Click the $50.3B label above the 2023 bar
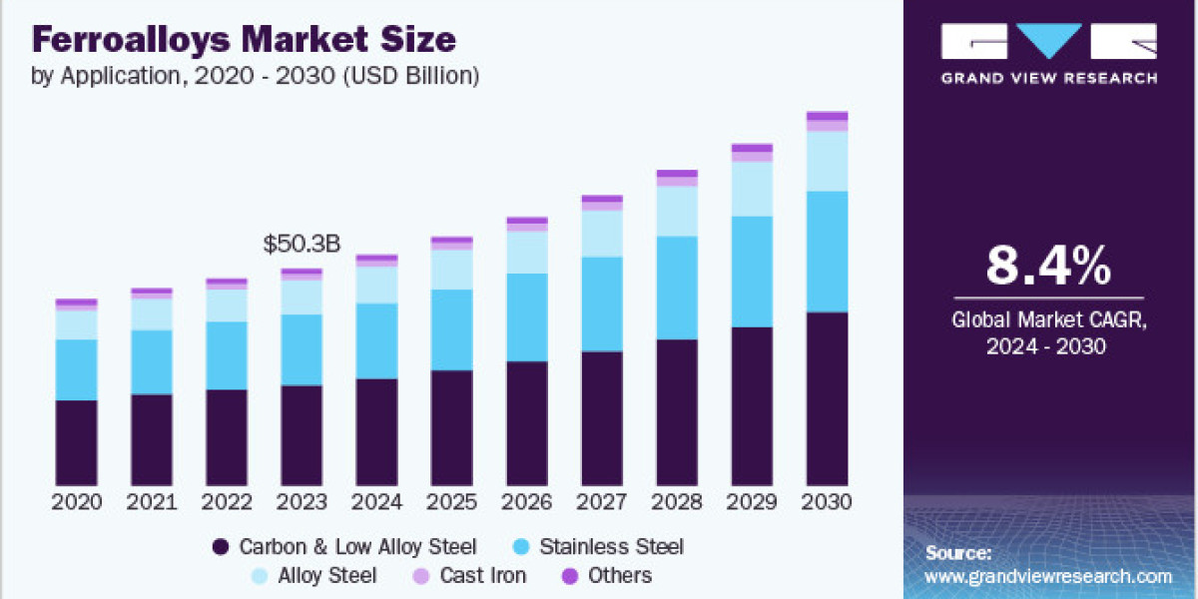pos(300,245)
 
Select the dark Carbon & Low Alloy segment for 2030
pos(828,399)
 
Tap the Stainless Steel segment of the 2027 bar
pos(602,303)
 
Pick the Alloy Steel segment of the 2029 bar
pos(752,189)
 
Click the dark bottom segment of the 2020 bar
pos(77,442)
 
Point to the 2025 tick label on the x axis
pos(451,502)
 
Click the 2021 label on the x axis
pos(152,502)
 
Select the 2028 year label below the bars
pos(677,502)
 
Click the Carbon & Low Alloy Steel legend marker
pos(221,547)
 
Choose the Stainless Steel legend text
pos(611,547)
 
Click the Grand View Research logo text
pos(1048,77)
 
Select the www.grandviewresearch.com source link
pos(1048,577)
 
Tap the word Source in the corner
pos(957,552)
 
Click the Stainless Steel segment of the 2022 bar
pos(227,355)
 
